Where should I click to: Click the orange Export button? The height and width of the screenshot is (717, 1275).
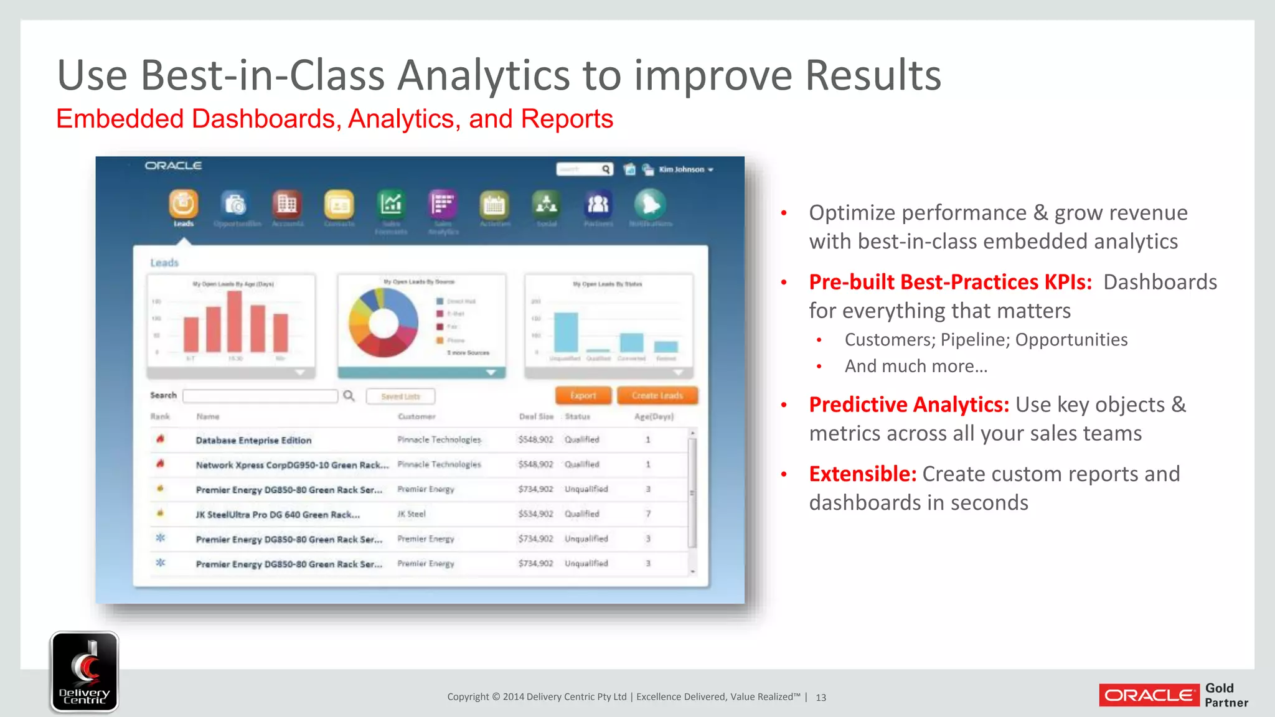tap(583, 396)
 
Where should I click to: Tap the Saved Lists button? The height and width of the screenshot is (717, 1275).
tap(400, 396)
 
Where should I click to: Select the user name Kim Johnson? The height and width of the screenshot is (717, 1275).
tap(681, 169)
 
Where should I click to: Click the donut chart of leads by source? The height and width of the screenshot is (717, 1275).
tap(383, 322)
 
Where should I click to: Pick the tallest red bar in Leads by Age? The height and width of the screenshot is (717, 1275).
tap(235, 321)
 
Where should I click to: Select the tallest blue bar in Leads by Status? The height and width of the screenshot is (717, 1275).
tap(566, 332)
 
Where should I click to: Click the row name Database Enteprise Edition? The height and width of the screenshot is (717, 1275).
tap(253, 440)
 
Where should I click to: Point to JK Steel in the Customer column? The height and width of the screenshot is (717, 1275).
tap(412, 514)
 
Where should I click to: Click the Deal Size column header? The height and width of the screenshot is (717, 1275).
tap(536, 416)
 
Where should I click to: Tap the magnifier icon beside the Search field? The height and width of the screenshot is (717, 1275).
tap(349, 396)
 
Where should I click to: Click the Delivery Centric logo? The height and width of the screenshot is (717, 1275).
tap(85, 672)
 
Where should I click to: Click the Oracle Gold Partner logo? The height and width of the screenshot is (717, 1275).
tap(1174, 695)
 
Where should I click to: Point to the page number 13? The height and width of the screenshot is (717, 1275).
tap(821, 698)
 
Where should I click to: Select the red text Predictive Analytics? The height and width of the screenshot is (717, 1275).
tap(908, 405)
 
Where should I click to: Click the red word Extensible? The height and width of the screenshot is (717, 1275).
tap(862, 474)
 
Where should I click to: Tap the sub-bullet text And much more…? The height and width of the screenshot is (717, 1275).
tap(916, 367)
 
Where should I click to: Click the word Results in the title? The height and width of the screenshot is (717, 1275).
tap(873, 75)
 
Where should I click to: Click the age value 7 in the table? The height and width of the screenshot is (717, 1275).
tap(648, 514)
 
